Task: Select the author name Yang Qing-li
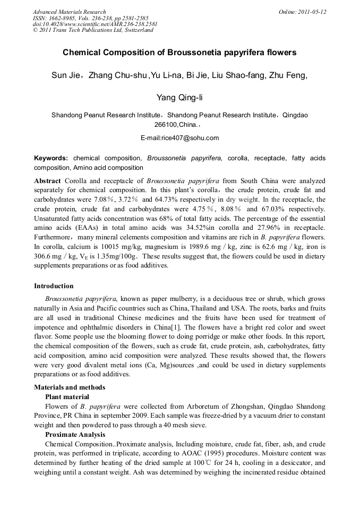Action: point(179,98)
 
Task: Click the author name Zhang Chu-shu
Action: point(117,75)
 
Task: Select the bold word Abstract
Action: point(48,180)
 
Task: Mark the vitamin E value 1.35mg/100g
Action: point(111,257)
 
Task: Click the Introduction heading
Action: point(54,286)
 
